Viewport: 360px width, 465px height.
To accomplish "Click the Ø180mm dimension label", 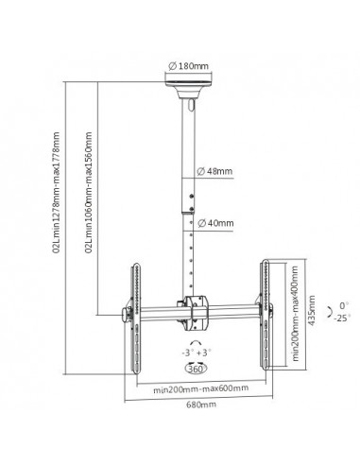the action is (x=188, y=66).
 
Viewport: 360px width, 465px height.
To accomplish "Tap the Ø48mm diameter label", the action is (x=214, y=171).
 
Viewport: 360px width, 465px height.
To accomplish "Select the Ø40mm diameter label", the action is (x=215, y=223).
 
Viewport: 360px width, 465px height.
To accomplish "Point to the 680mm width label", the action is (x=201, y=405).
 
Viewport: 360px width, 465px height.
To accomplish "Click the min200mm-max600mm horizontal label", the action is (x=200, y=388).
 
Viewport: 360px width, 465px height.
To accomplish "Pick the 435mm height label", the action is (x=311, y=310).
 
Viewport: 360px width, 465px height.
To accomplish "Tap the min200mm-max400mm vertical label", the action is (x=295, y=314).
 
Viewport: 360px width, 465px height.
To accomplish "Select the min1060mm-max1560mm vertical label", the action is (x=89, y=192).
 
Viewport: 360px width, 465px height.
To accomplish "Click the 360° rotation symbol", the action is (x=197, y=369).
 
